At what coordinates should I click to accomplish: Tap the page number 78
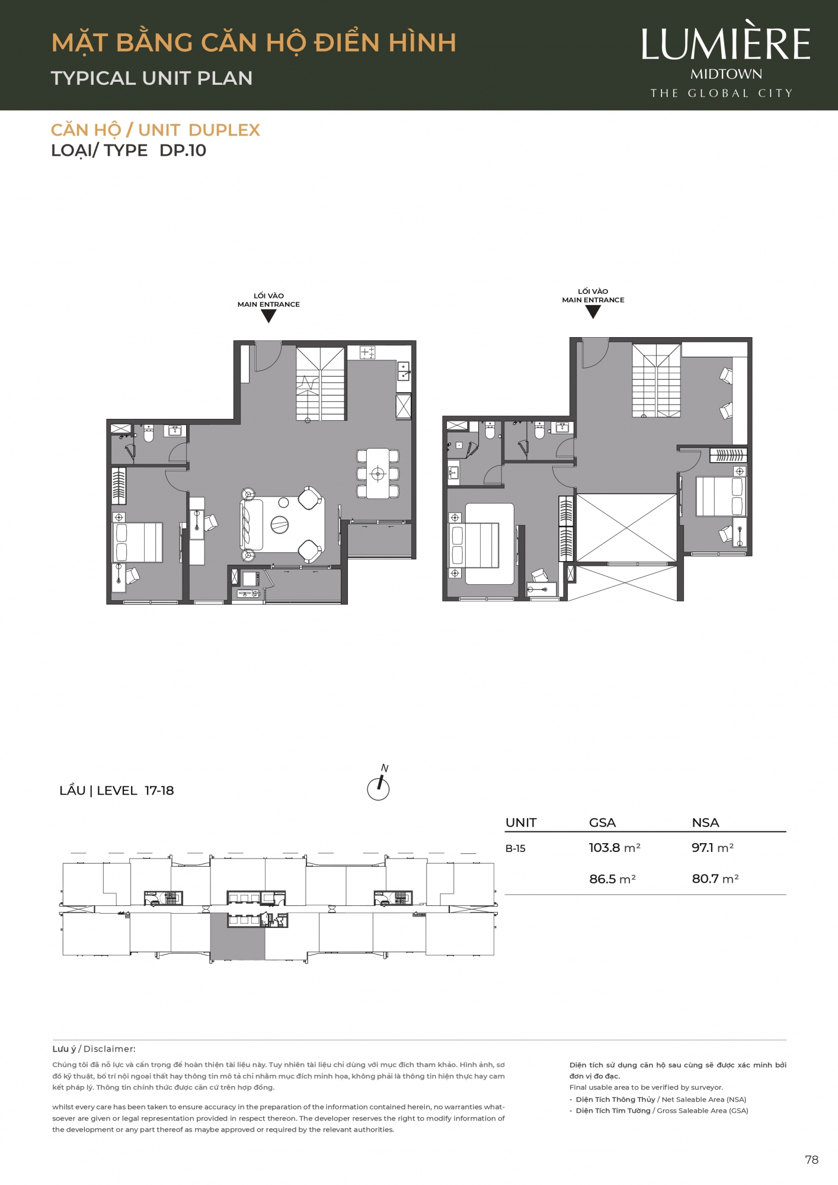[811, 1160]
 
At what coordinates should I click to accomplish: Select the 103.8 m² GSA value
[615, 847]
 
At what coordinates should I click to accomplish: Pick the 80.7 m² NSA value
[715, 879]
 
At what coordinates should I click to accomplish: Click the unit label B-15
[515, 848]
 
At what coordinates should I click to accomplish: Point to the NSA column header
[705, 822]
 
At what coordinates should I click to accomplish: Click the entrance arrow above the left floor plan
[268, 316]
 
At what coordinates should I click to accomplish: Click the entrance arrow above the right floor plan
[593, 312]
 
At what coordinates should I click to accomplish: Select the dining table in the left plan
[378, 473]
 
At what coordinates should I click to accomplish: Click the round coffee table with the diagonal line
[280, 524]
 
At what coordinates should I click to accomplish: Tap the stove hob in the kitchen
[367, 353]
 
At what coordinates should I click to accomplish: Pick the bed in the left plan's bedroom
[137, 542]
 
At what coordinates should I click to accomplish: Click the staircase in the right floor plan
[656, 380]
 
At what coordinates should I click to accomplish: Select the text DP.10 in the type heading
[183, 150]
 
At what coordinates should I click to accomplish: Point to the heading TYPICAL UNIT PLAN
[152, 78]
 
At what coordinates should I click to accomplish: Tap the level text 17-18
[159, 790]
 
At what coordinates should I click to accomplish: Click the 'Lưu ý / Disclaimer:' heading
[94, 1049]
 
